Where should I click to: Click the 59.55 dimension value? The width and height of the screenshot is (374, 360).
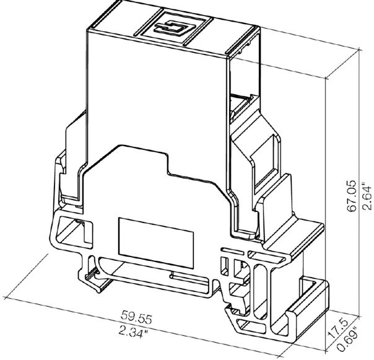[x=136, y=317]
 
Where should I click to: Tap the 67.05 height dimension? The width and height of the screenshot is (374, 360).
[x=352, y=196]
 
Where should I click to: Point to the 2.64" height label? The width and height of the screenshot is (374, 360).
[x=367, y=196]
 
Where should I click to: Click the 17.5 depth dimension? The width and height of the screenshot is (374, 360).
[x=339, y=328]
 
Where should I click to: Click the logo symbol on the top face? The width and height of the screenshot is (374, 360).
[x=175, y=28]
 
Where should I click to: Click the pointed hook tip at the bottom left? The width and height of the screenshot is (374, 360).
[x=98, y=291]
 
